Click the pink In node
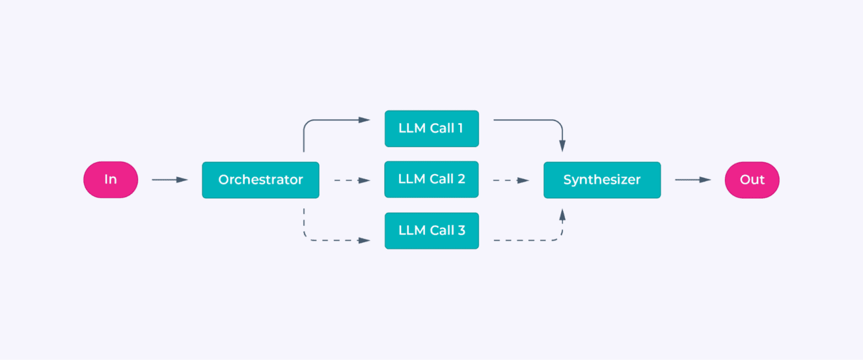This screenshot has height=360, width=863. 111,180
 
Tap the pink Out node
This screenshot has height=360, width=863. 752,180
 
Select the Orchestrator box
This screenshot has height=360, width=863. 260,180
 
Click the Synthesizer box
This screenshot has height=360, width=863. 602,180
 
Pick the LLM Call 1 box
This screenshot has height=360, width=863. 431,128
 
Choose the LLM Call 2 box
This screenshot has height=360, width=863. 431,179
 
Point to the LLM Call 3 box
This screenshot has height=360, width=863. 431,230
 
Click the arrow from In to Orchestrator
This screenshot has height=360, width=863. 170,180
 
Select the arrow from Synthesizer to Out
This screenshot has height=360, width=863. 693,180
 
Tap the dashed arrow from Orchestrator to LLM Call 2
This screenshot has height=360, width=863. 352,180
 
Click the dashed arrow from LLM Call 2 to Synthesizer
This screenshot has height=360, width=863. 511,180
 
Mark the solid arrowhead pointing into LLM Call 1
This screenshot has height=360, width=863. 365,120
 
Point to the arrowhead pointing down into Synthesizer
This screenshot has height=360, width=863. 562,146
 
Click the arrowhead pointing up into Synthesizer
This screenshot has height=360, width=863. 562,213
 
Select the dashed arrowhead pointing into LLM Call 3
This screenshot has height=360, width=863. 365,240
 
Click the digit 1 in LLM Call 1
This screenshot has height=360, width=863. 460,128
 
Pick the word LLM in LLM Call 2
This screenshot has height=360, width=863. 411,179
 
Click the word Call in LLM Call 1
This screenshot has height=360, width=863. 440,128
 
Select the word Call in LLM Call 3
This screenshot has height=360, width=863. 440,230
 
